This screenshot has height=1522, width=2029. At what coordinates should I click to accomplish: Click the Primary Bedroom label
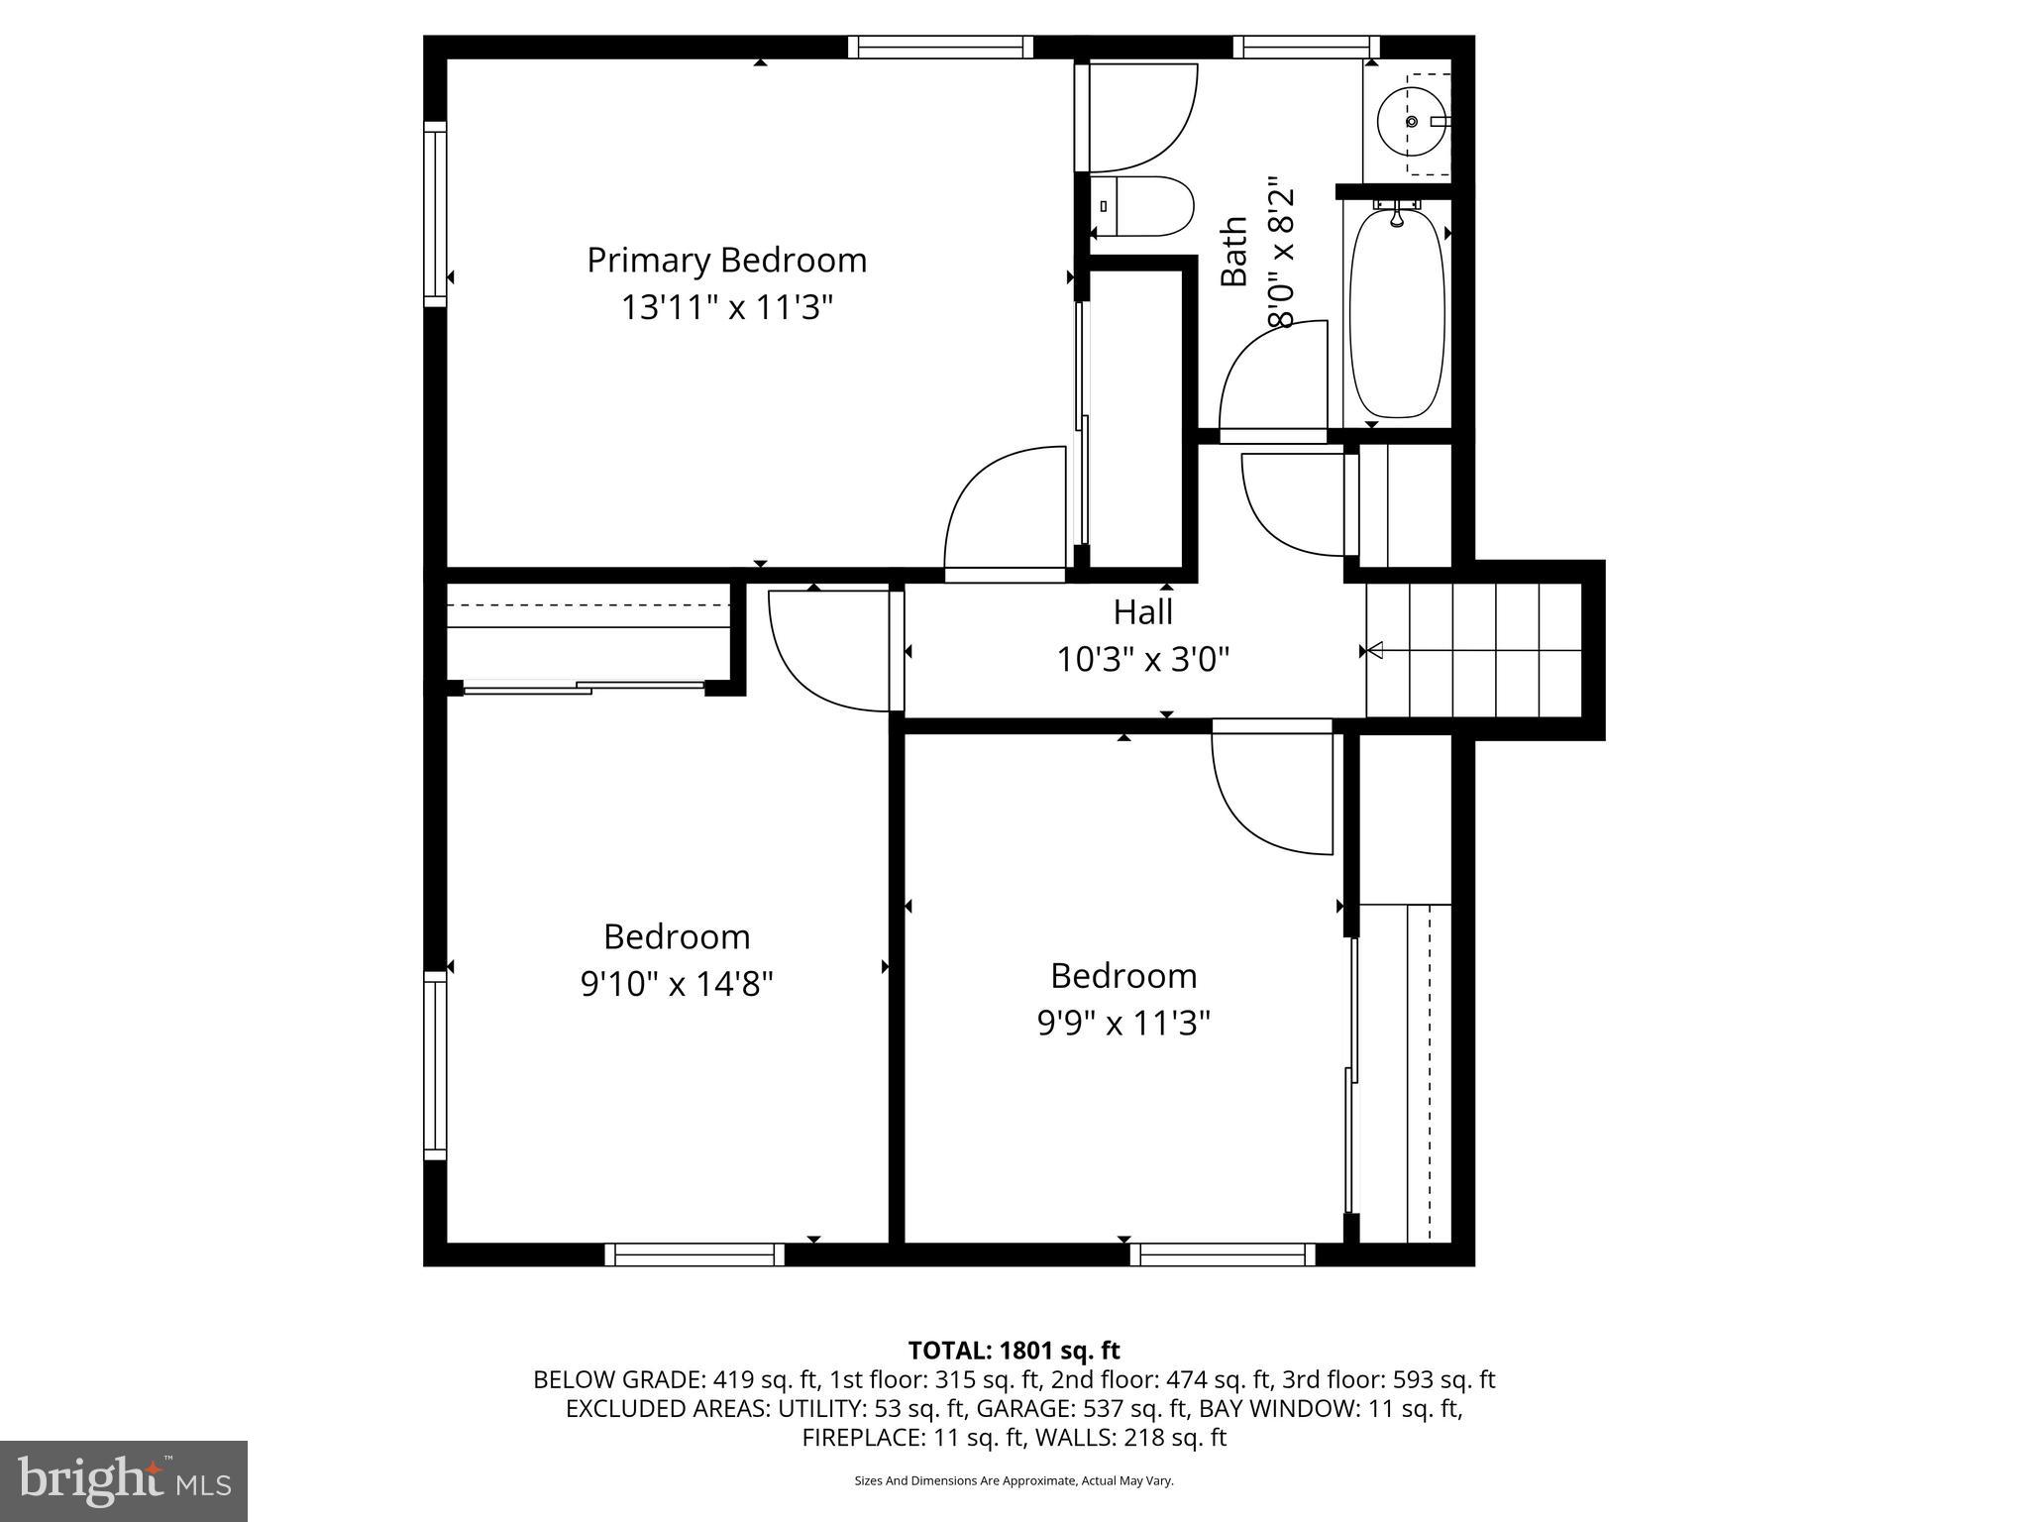pyautogui.click(x=726, y=261)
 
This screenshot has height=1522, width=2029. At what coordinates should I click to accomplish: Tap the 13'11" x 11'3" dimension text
pyautogui.click(x=726, y=308)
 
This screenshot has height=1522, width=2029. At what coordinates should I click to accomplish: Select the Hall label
pyautogui.click(x=1142, y=612)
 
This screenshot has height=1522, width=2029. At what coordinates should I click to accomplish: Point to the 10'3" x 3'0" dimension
pyautogui.click(x=1142, y=660)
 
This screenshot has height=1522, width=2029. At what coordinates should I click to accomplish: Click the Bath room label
pyautogui.click(x=1234, y=253)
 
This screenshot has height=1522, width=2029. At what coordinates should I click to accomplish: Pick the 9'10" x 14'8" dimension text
pyautogui.click(x=677, y=985)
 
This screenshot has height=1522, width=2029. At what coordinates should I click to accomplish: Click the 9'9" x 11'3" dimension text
pyautogui.click(x=1123, y=1024)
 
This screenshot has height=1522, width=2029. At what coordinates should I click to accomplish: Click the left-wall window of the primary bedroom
pyautogui.click(x=435, y=214)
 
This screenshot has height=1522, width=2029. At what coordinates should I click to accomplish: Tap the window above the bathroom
pyautogui.click(x=1306, y=47)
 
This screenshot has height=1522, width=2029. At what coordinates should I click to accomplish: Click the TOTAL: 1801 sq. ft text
pyautogui.click(x=1014, y=1351)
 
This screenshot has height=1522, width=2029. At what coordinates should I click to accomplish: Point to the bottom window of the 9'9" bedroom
pyautogui.click(x=1223, y=1255)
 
